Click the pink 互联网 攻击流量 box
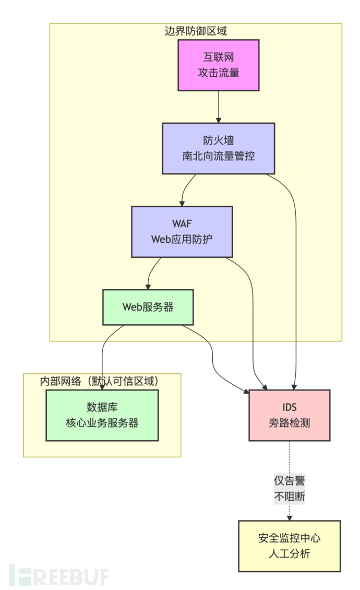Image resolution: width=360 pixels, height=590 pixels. click(218, 65)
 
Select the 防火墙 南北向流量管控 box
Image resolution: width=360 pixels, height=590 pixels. click(218, 148)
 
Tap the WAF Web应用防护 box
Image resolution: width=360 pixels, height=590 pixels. click(182, 231)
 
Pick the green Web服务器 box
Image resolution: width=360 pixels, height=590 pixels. click(148, 307)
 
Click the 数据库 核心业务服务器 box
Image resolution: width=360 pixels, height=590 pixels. click(102, 416)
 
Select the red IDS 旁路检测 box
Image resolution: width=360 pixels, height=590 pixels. click(289, 415)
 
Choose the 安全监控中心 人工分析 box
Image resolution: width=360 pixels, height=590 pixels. click(289, 546)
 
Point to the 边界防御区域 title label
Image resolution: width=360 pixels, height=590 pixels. click(196, 31)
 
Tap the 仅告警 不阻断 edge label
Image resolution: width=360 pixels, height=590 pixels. click(289, 489)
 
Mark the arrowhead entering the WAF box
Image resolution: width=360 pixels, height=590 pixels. click(182, 203)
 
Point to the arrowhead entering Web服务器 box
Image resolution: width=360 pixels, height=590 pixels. click(148, 287)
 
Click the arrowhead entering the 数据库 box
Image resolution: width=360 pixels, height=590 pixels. click(102, 387)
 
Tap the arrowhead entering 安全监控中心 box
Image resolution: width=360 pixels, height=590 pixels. click(289, 517)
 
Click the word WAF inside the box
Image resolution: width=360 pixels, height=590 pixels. click(182, 223)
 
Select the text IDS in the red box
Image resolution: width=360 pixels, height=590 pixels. click(289, 407)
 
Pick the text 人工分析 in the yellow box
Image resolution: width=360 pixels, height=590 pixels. click(289, 553)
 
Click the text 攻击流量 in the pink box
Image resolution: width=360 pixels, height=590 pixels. click(218, 73)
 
